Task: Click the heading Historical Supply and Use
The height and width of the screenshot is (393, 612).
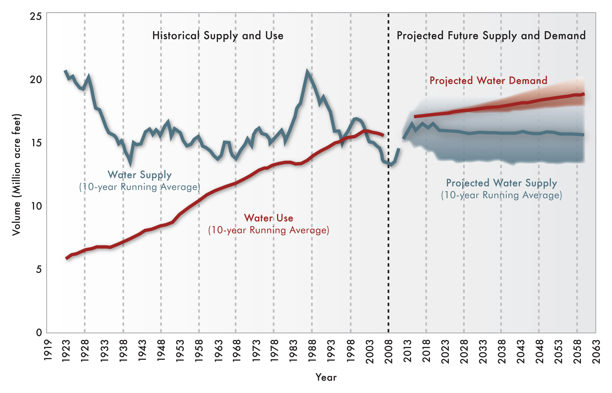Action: coord(218,35)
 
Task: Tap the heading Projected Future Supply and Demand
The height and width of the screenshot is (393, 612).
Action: coord(491,35)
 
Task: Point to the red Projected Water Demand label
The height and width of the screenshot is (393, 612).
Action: coord(488,81)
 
